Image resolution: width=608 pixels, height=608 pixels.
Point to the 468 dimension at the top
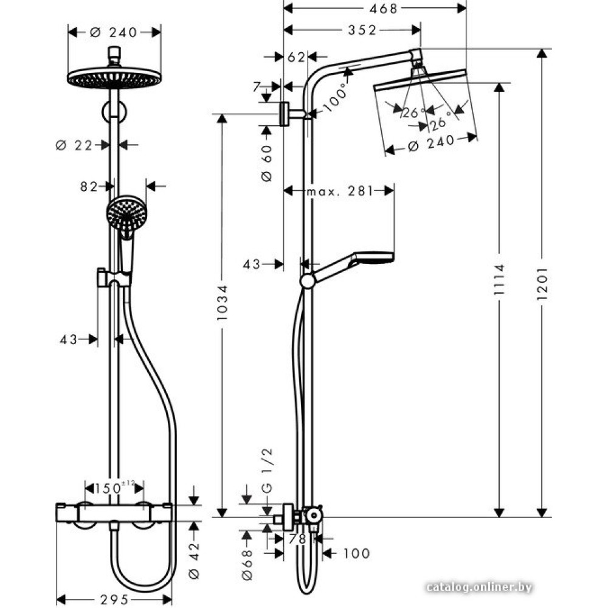pyautogui.click(x=375, y=9)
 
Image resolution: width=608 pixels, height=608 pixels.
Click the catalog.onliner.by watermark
pyautogui.click(x=479, y=587)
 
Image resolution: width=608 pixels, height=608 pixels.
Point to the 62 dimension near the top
pyautogui.click(x=295, y=58)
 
